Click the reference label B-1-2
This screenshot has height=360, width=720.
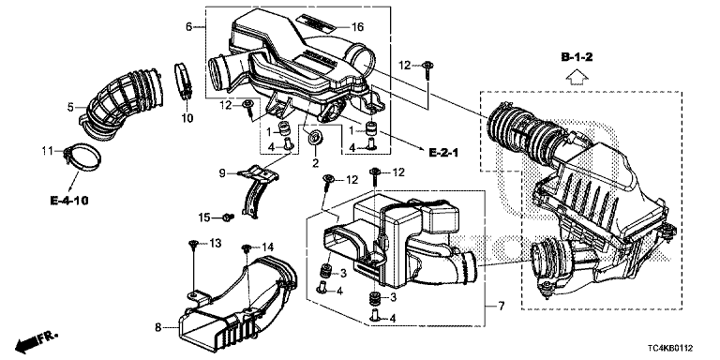[577, 57]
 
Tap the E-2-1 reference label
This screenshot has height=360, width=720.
[443, 153]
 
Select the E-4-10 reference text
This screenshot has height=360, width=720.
[68, 201]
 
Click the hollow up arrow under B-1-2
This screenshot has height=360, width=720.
[577, 77]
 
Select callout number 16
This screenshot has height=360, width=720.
[358, 27]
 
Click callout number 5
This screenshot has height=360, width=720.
[70, 108]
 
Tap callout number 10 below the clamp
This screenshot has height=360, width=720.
[187, 118]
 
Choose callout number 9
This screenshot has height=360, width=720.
[222, 173]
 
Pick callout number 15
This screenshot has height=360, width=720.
[204, 217]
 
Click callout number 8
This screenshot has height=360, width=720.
[157, 327]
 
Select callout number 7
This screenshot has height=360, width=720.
[501, 306]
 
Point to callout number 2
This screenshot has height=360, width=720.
[315, 162]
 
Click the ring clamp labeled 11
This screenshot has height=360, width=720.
[83, 157]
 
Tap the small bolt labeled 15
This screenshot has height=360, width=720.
[228, 217]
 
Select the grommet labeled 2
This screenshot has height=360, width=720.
[316, 137]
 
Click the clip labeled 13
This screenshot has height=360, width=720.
[193, 246]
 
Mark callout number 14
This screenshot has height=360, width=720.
[267, 247]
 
